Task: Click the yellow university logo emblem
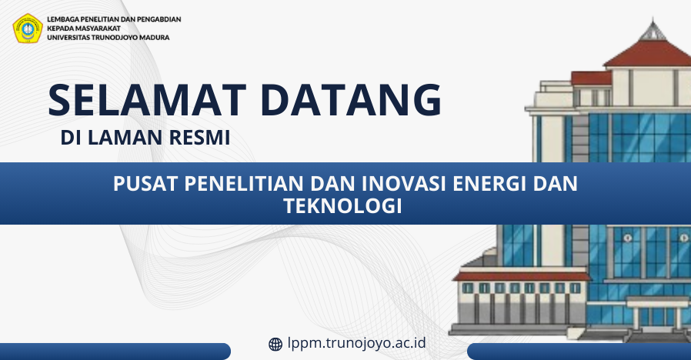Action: [28, 28]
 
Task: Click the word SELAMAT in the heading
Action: [147, 100]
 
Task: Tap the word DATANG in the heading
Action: [351, 100]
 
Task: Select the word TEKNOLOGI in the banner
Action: [343, 206]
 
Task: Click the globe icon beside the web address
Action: [275, 344]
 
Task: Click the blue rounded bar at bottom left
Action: [115, 352]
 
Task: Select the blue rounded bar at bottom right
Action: [579, 352]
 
